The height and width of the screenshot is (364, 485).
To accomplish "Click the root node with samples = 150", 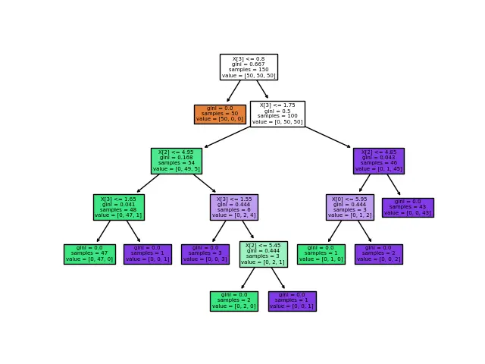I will click(x=249, y=67).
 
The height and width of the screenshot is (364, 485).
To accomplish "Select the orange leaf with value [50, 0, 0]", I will click(x=220, y=114).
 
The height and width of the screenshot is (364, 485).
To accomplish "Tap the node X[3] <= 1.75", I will click(x=277, y=114).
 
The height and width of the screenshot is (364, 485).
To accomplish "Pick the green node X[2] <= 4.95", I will click(x=177, y=161).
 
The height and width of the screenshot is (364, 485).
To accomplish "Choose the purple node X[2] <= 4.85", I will click(x=378, y=161).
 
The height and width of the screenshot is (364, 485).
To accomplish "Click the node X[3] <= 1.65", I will click(x=119, y=207).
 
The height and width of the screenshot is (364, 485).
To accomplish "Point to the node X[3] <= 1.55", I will click(x=234, y=207).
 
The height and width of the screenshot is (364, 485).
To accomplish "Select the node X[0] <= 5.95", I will click(x=349, y=207).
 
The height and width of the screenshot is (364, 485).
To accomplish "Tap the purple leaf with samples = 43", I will click(x=408, y=207).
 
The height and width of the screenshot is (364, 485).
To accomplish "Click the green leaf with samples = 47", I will click(x=89, y=254).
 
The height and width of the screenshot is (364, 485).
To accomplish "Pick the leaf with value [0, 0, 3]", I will click(x=205, y=254).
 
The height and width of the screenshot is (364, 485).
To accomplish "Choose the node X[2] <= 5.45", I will click(x=263, y=254).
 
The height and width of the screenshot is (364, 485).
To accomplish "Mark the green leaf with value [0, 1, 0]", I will click(x=321, y=254).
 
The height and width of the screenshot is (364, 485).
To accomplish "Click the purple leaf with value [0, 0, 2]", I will click(x=378, y=254).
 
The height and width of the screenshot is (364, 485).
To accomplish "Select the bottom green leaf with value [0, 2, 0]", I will click(x=234, y=301).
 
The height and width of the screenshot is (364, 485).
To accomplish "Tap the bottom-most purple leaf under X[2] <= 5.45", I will click(x=292, y=301).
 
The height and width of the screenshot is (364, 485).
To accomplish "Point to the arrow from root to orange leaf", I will click(x=234, y=91).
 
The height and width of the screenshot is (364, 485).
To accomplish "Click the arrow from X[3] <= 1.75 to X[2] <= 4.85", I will click(x=328, y=137).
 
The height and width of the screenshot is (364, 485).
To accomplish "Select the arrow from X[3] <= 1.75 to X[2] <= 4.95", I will click(x=227, y=137).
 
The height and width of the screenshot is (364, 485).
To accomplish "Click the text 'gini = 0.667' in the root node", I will click(x=249, y=64).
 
